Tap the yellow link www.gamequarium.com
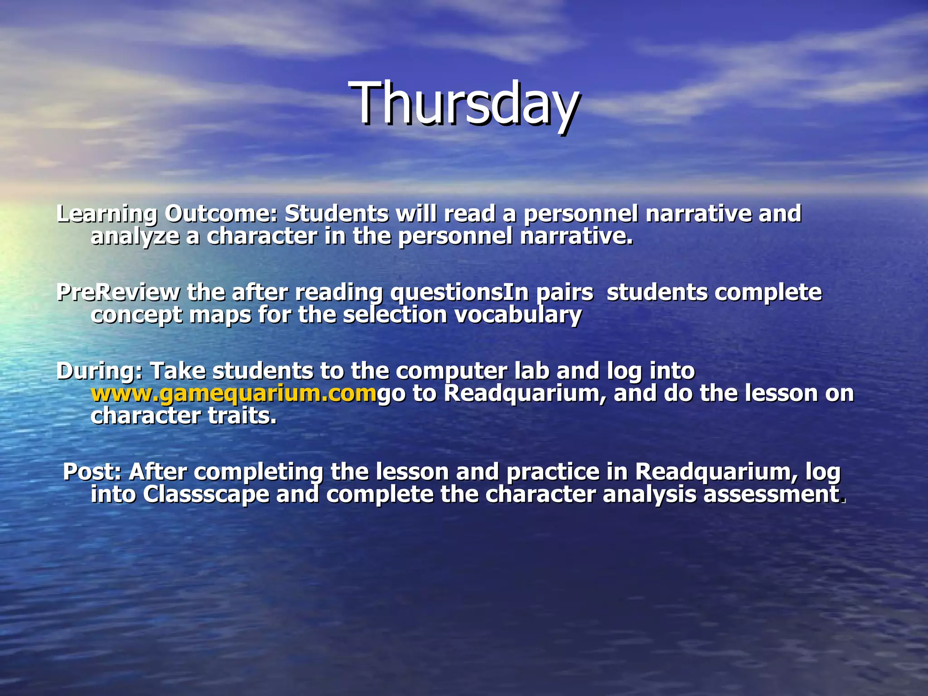tap(233, 393)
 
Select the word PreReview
tap(118, 292)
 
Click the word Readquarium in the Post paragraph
tap(716, 472)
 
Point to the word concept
tap(136, 315)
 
